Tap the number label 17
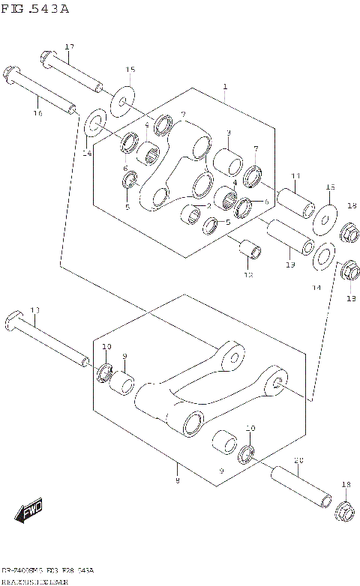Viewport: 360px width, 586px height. pos(69,47)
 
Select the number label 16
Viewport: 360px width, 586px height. pos(37,113)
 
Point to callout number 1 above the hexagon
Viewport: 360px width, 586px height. pos(224,87)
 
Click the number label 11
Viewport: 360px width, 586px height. pos(295,175)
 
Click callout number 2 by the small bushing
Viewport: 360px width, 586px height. pos(208,205)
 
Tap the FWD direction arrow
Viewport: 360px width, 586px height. pos(31,513)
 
